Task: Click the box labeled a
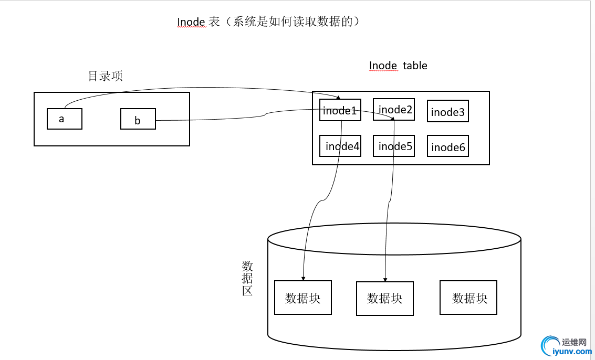coord(65,119)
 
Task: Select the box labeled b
coord(138,119)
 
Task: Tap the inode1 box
coord(340,110)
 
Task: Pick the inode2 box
coord(393,109)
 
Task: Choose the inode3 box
coord(448,111)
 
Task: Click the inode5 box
coord(394,146)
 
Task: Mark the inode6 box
coord(448,146)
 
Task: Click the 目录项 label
coord(105,76)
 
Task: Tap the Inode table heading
coord(398,66)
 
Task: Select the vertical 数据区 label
coord(247,278)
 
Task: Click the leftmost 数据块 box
coord(303,298)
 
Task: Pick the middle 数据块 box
coord(385,299)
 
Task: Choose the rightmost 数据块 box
coord(468,298)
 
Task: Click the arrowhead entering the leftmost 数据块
coord(303,278)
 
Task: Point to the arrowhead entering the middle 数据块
coord(386,279)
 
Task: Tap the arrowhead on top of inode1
coord(339,97)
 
